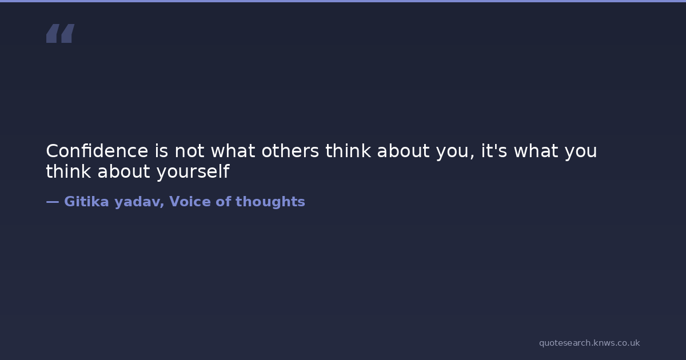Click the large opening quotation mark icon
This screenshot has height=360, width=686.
point(61,33)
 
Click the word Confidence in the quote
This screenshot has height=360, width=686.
point(97,151)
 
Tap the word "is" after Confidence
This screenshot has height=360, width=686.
point(161,151)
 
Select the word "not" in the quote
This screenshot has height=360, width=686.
point(189,151)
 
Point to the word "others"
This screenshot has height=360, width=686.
point(290,151)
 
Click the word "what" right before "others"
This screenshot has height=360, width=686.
point(233,151)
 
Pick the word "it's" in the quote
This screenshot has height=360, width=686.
point(494,151)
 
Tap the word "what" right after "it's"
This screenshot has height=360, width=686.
point(536,151)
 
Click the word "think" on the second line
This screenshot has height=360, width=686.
point(68,171)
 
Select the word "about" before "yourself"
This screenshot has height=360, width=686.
point(123,171)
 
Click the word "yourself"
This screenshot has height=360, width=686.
point(193,172)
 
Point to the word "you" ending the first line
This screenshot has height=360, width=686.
point(581,153)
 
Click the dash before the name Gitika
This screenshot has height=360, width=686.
point(53,202)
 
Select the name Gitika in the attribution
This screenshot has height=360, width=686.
point(86,201)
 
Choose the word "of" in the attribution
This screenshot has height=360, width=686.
point(223,201)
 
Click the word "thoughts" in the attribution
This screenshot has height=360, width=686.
point(270,202)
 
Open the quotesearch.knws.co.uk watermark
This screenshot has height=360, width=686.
point(589,343)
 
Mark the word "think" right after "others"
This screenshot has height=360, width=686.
point(348,151)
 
